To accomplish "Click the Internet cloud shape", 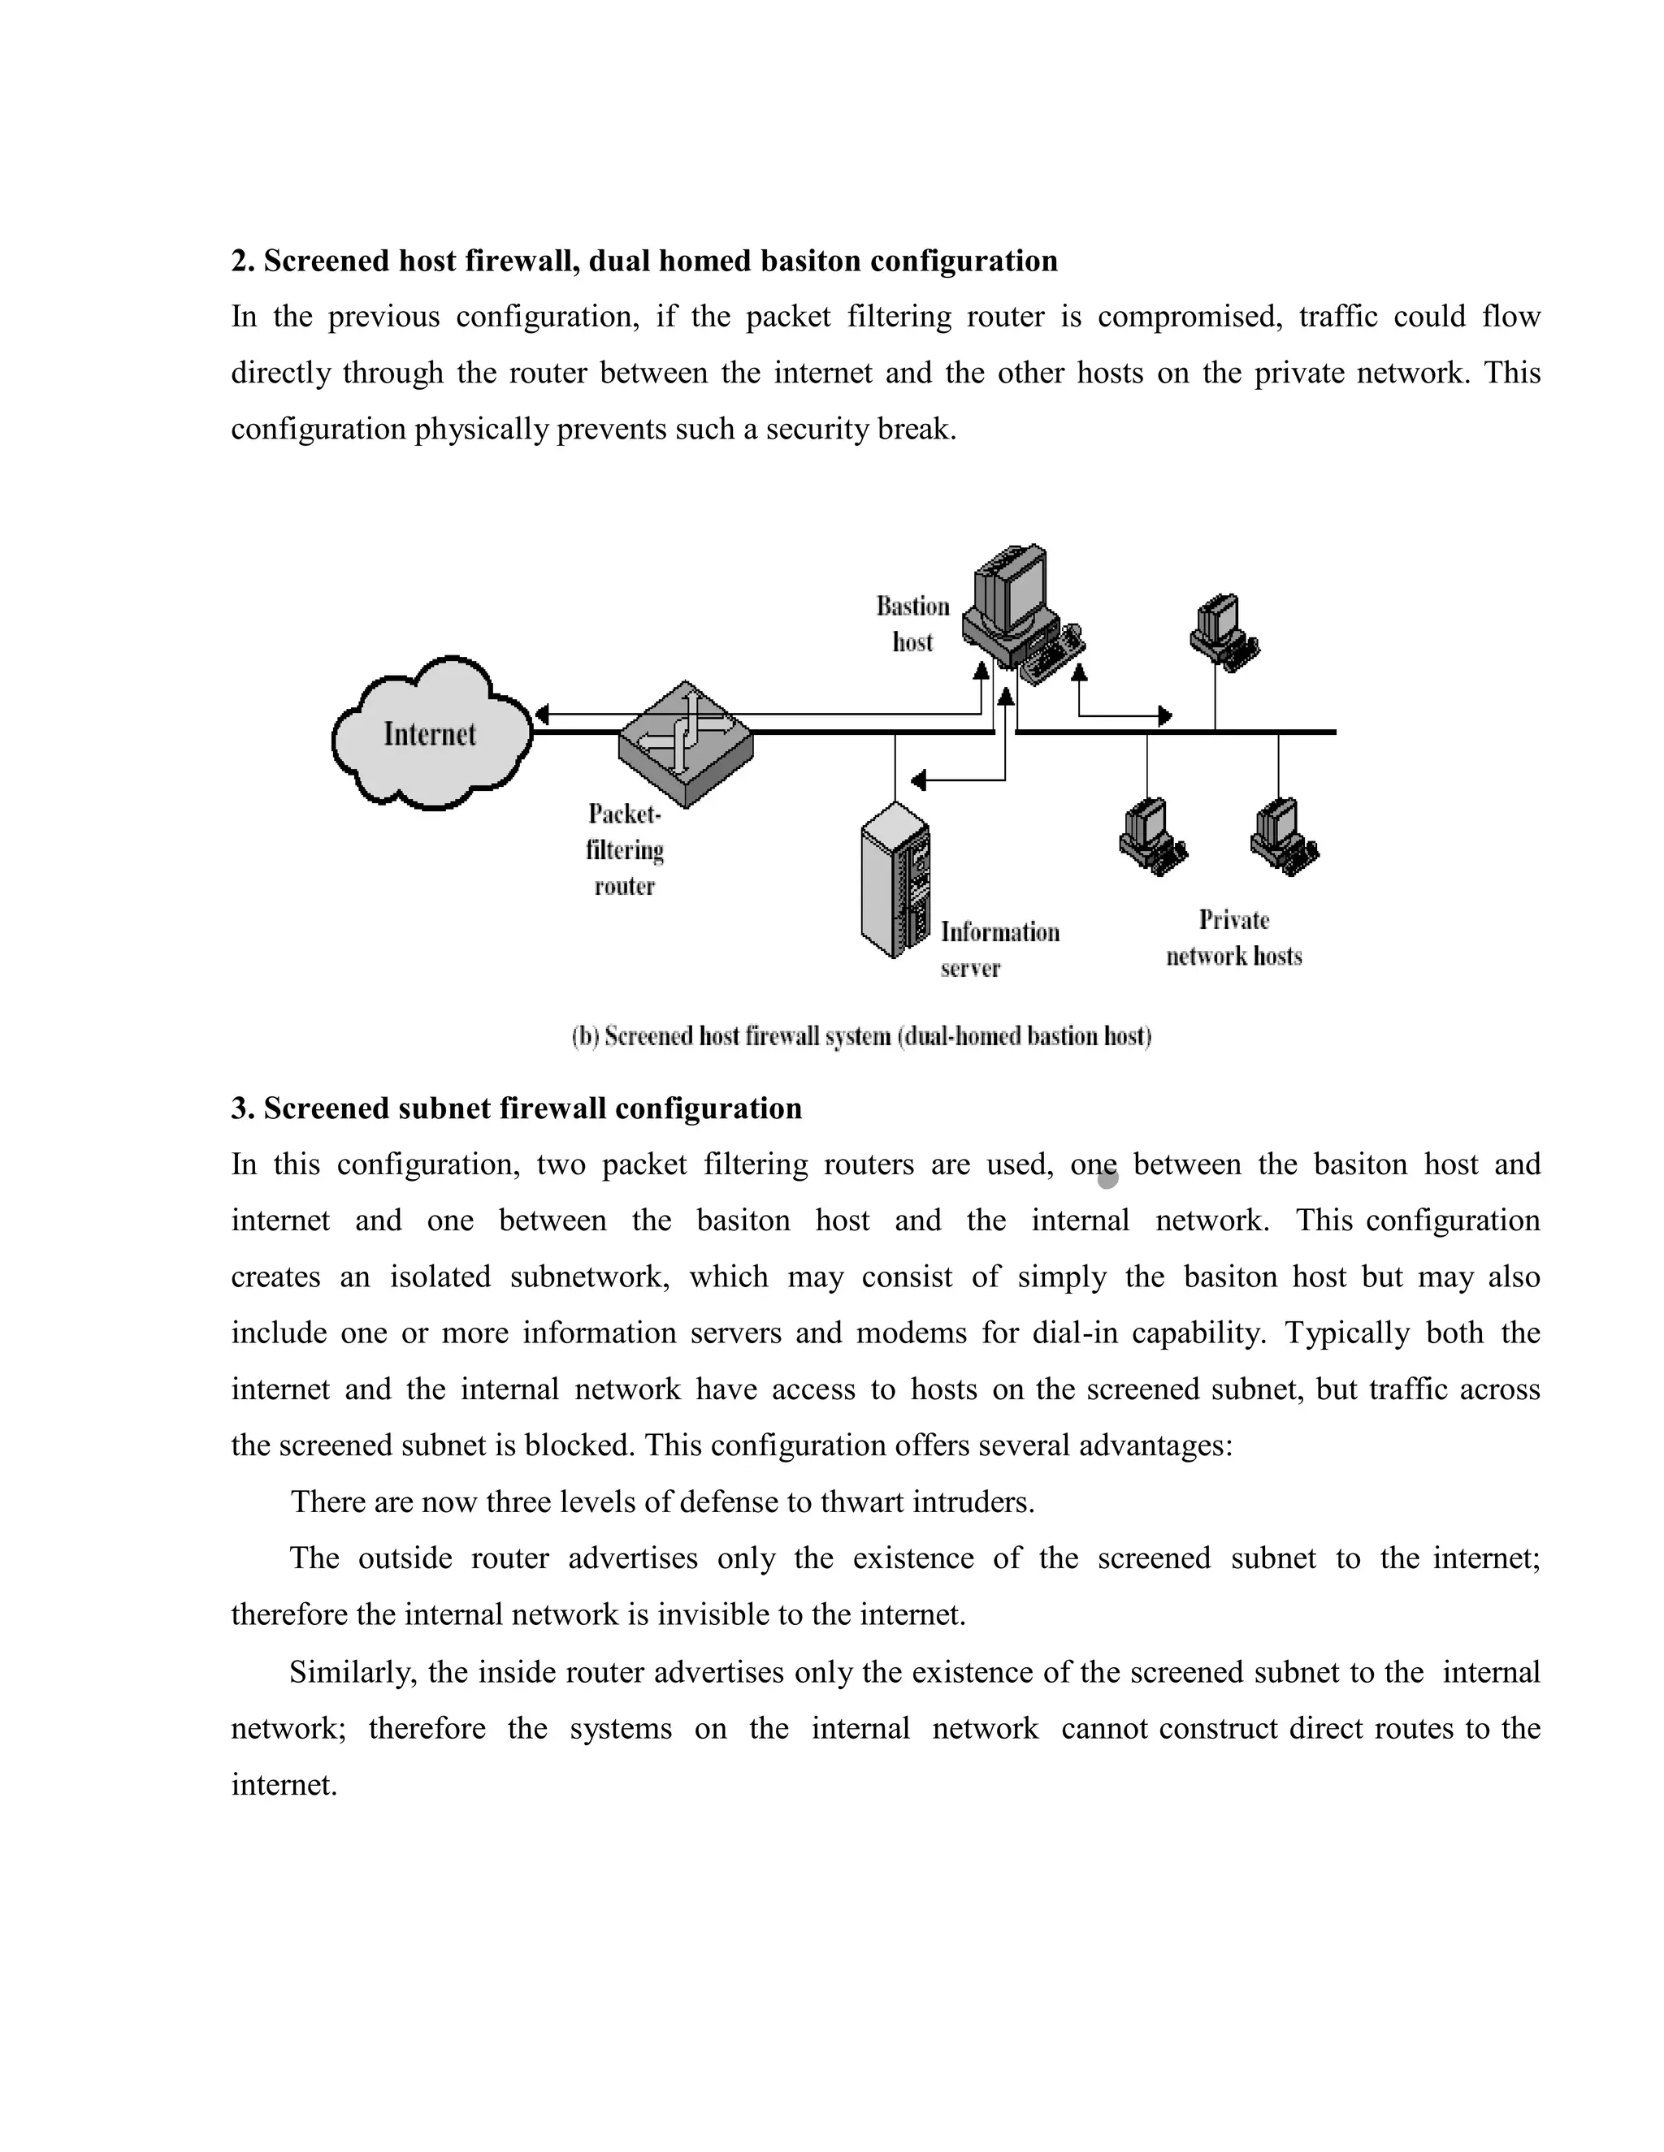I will click(431, 734).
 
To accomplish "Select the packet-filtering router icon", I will click(685, 744).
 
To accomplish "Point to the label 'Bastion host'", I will click(912, 624).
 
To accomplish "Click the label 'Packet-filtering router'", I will click(624, 849).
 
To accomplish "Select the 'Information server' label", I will click(999, 949).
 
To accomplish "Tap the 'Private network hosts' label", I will click(1233, 938).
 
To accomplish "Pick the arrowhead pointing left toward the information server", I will click(918, 780).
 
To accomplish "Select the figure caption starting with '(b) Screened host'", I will click(861, 1036).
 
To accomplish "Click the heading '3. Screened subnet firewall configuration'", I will click(516, 1108).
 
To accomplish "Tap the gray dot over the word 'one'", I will click(1107, 1177).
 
